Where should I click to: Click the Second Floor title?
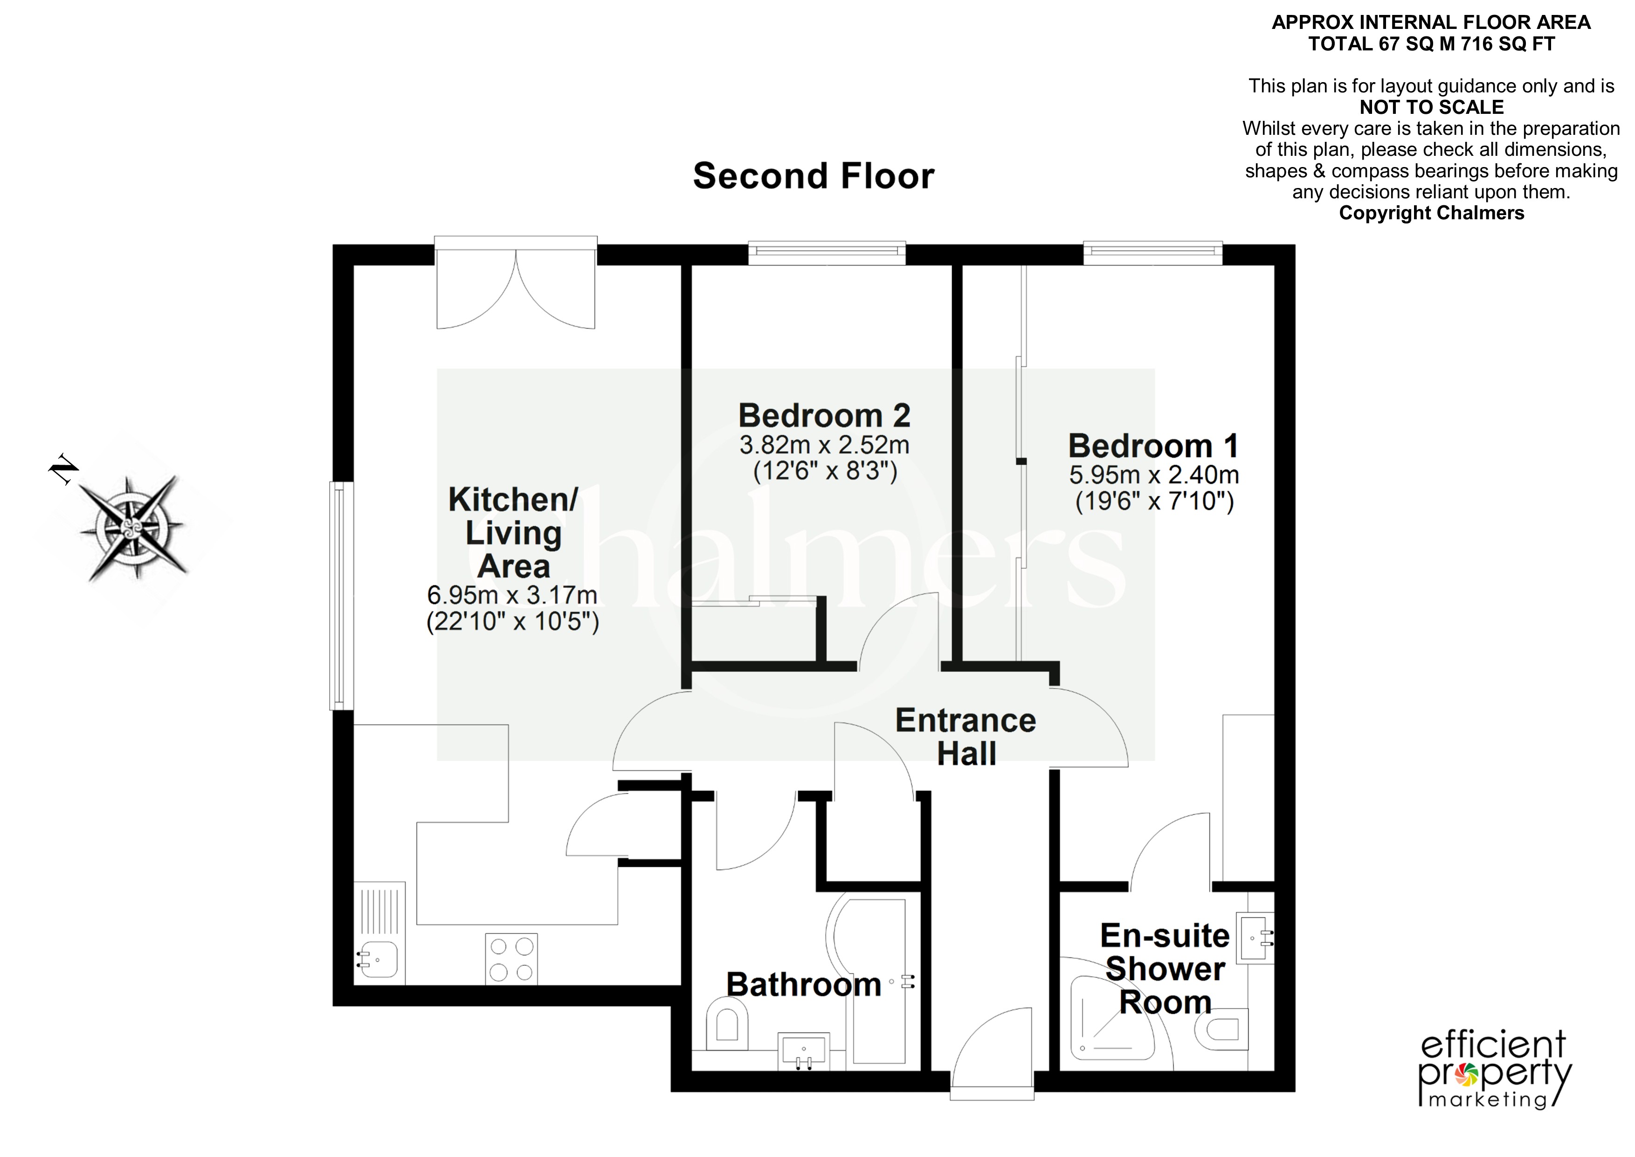point(813,176)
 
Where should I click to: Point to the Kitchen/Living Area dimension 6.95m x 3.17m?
point(512,594)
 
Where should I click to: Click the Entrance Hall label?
point(966,737)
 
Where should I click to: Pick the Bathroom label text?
point(804,984)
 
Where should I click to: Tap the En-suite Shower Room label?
point(1165,969)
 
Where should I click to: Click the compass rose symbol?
point(132,527)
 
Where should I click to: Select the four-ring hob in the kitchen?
point(511,959)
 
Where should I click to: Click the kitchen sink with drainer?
point(379,933)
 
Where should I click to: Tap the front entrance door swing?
point(991,1051)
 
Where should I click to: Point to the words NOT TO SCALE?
point(1431,108)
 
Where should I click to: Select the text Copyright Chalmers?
point(1431,213)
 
